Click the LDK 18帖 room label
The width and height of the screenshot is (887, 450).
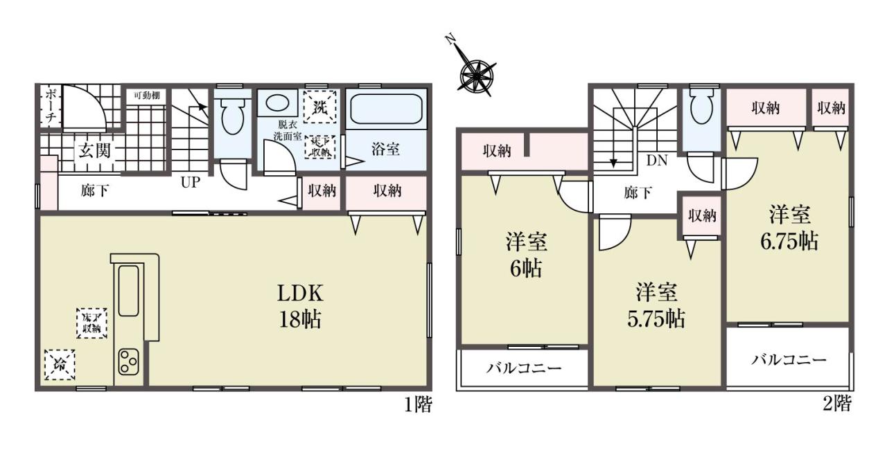[x=300, y=306]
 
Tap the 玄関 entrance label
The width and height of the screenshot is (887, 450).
[x=94, y=151]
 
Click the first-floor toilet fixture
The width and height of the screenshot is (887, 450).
[x=232, y=116]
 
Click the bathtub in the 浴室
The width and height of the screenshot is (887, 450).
[x=386, y=109]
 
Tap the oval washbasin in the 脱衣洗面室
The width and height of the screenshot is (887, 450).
[x=277, y=103]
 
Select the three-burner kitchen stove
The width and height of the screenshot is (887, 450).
[x=129, y=361]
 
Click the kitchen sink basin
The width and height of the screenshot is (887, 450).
[x=129, y=291]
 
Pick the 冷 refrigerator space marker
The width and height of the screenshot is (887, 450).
[x=60, y=365]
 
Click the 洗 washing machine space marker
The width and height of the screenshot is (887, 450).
[x=320, y=107]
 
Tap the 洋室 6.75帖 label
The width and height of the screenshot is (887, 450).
[x=789, y=228]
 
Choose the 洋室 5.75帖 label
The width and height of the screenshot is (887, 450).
[x=656, y=305]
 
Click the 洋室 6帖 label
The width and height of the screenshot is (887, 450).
[x=526, y=255]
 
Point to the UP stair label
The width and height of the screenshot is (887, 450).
[x=191, y=182]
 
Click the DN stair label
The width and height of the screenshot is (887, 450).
[x=657, y=160]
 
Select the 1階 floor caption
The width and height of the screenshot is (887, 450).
[x=418, y=404]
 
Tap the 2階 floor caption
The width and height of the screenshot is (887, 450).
[x=836, y=404]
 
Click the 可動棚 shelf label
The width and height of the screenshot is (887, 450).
[x=146, y=96]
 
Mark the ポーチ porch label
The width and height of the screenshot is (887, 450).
[x=51, y=107]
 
